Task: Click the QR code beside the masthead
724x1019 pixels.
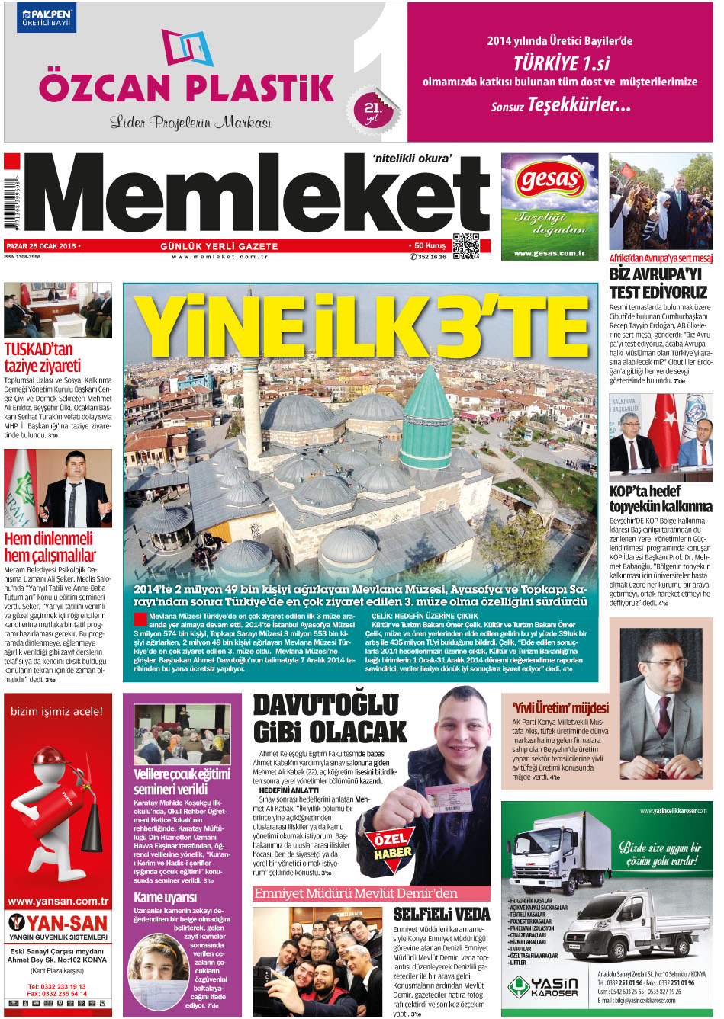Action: click(465, 246)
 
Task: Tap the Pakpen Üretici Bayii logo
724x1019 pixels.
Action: click(47, 18)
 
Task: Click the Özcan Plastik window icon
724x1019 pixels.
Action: click(187, 47)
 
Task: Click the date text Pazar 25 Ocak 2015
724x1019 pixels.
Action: click(42, 246)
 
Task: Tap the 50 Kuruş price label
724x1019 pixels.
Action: click(430, 246)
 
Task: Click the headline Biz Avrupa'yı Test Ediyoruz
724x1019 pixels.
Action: click(658, 283)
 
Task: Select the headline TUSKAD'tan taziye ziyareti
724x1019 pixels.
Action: click(43, 357)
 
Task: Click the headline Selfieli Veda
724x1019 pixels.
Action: click(441, 913)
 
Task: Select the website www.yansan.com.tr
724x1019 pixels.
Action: click(58, 901)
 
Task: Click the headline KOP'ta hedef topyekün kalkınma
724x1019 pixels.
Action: click(661, 498)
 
